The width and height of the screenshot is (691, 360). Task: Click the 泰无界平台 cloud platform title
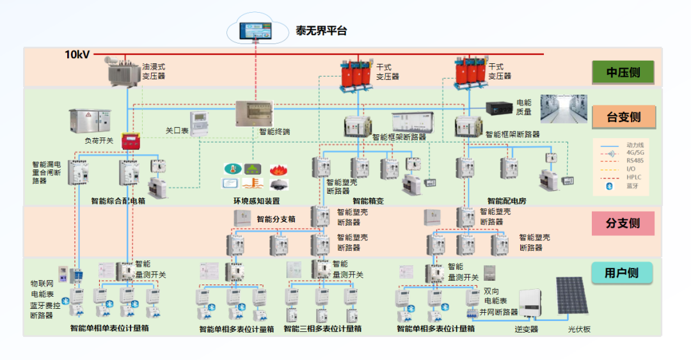tap(321, 31)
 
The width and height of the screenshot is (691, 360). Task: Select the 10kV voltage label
tap(77, 55)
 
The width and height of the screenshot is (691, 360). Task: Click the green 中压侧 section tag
tap(623, 72)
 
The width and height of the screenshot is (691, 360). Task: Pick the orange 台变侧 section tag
tap(623, 117)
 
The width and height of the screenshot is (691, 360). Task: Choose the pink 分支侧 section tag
tap(623, 223)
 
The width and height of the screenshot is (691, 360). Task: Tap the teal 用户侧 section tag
tap(623, 273)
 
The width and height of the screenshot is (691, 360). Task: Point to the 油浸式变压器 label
tap(154, 71)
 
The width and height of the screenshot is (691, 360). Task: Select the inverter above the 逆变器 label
tap(531, 305)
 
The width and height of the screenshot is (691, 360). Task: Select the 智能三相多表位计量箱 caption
tap(322, 329)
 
